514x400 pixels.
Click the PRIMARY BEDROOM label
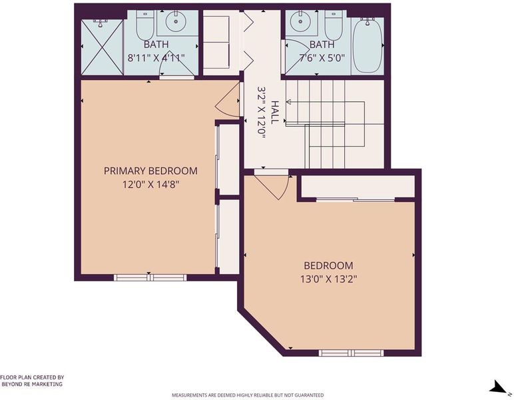(150, 171)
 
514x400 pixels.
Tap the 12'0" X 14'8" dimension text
(150, 185)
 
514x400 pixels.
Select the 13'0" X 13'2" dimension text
(328, 279)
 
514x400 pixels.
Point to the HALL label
(275, 113)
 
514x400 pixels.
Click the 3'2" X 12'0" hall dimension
(261, 113)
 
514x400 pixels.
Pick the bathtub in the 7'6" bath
(368, 45)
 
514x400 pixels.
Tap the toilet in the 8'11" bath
(145, 25)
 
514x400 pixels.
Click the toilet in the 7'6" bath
(334, 25)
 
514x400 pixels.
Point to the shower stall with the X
(102, 47)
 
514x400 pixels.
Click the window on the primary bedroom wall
(150, 277)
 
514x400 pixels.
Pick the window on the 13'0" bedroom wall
(351, 353)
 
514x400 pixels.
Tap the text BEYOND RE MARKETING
(32, 384)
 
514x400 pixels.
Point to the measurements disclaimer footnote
(248, 395)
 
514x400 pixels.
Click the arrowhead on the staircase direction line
(289, 102)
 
